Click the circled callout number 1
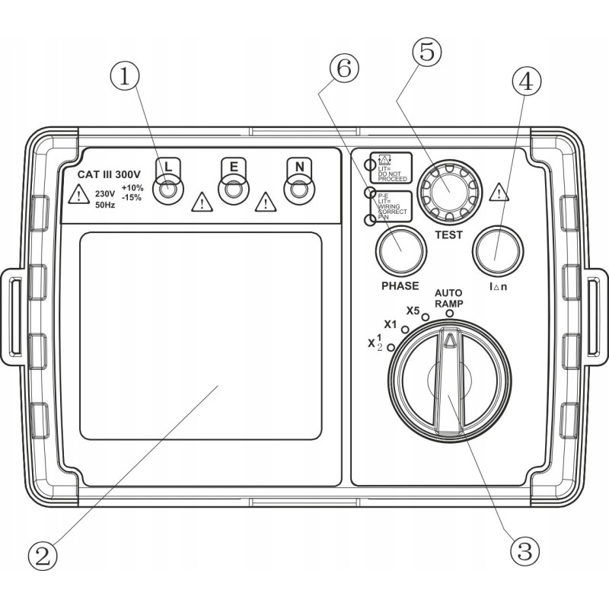point(125,76)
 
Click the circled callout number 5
point(426,53)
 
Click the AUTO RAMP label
point(449,298)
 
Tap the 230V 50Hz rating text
point(106,199)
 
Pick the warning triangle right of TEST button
point(499,191)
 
